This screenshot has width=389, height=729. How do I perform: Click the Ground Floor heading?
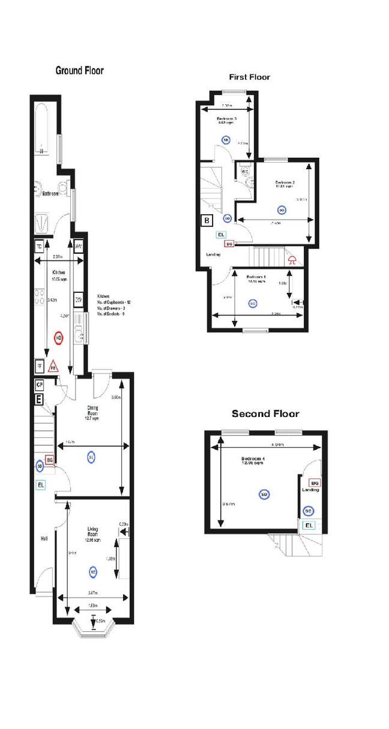79,71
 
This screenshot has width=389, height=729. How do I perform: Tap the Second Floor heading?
265,414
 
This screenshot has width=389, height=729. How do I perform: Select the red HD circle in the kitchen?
59,338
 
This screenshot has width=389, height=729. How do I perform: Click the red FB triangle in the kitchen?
53,366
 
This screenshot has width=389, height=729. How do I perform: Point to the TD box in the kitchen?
39,246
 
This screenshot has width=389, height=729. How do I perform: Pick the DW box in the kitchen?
79,299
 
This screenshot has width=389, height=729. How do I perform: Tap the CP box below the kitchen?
40,384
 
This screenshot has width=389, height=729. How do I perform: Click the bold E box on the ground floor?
39,398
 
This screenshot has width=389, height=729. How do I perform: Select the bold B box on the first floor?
207,220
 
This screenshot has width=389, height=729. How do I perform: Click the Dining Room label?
92,411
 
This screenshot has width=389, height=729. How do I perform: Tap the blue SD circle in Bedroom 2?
281,209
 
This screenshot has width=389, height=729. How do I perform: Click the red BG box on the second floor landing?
314,482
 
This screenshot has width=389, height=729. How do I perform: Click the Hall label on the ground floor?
44,539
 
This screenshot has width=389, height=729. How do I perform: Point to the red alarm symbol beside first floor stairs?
293,260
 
